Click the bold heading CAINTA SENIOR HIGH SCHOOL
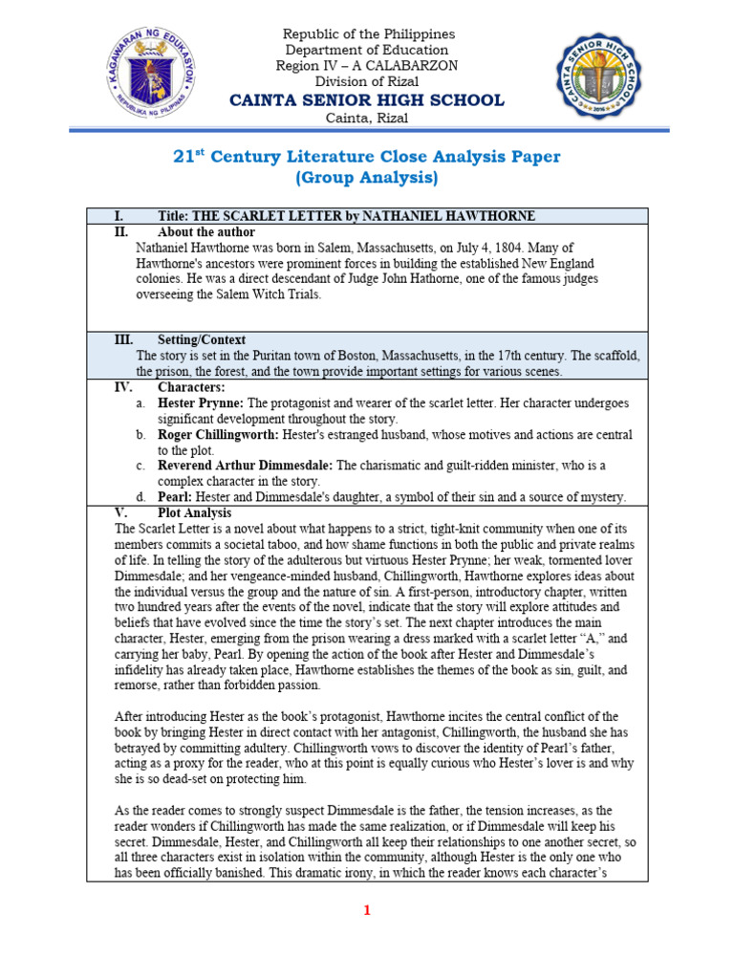coord(367,100)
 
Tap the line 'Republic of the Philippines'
coord(367,34)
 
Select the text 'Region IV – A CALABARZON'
coord(367,65)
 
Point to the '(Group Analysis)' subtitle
coord(367,178)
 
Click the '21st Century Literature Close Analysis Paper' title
coord(366,156)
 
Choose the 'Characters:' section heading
coord(191,387)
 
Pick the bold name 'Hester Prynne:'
coord(201,403)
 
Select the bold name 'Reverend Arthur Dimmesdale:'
coord(245,466)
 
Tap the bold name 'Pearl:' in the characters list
coord(176,497)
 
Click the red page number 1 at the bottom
coord(366,911)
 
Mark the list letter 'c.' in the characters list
coord(140,466)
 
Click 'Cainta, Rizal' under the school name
coord(367,118)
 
